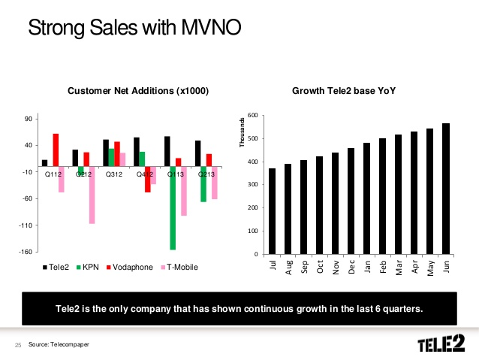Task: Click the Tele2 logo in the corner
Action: coord(441,344)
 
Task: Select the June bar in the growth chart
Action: coord(446,189)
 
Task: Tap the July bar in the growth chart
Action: coord(272,211)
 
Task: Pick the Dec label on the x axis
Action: coord(351,266)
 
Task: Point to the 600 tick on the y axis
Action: coord(252,115)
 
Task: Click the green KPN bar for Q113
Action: coord(173,208)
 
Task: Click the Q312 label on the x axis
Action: coord(114,174)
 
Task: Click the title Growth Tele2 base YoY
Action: coord(344,91)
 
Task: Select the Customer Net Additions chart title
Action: coord(138,91)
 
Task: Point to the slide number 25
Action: coord(18,345)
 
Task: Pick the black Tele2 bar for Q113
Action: coord(167,152)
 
